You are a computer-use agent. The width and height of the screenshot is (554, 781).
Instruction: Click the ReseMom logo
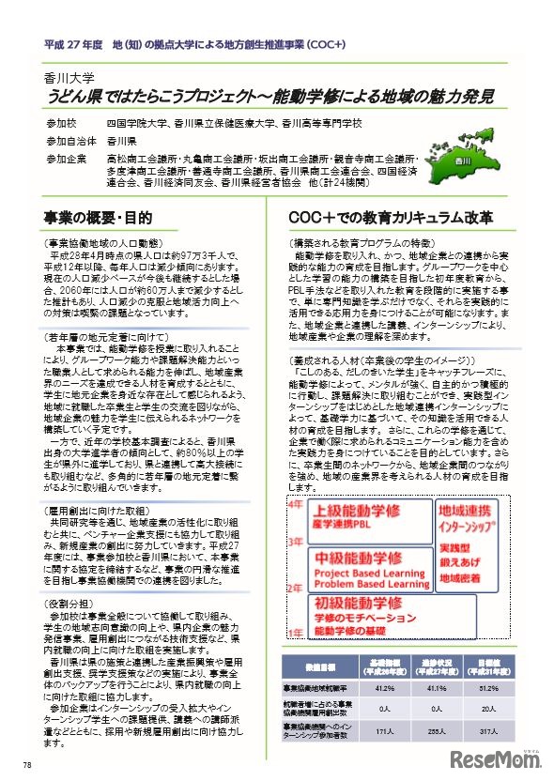[x=496, y=759]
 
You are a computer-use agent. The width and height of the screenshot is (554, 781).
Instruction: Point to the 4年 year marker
[x=294, y=504]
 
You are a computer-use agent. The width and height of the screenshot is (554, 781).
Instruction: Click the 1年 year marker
[x=294, y=631]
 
